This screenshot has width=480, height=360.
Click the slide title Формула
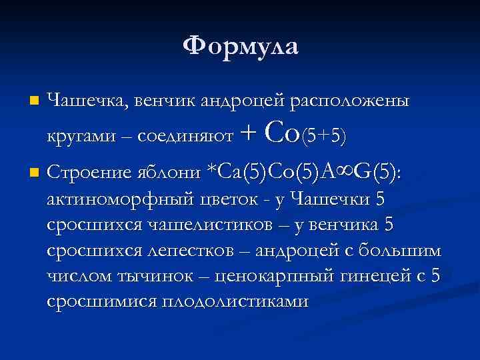241,46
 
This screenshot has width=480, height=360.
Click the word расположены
349,101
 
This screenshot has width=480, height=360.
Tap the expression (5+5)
324,136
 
